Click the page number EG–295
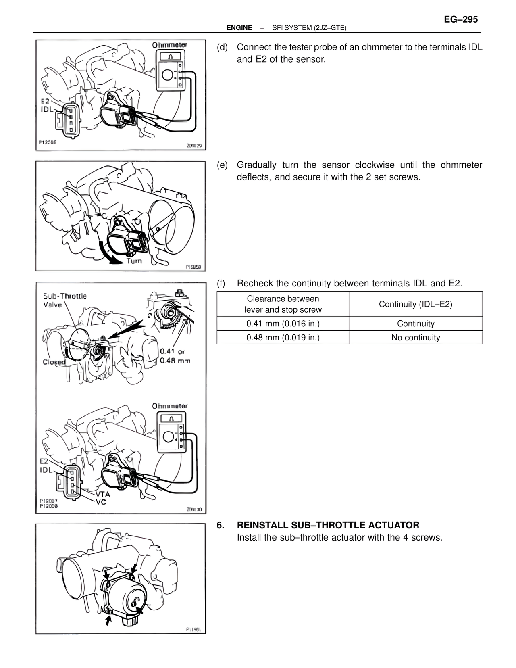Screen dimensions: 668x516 (x=461, y=19)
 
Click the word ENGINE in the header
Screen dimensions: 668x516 (x=239, y=28)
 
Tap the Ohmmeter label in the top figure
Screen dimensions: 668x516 (x=169, y=45)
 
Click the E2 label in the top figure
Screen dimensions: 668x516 (x=45, y=102)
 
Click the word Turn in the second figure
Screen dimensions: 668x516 (x=134, y=261)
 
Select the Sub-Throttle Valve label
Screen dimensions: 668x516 (x=64, y=300)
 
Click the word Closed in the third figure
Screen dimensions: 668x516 (x=54, y=362)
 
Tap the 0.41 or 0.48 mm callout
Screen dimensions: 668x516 (x=175, y=356)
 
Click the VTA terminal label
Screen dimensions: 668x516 (x=102, y=494)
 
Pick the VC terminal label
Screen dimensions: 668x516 (x=101, y=502)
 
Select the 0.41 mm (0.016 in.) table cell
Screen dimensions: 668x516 (x=283, y=324)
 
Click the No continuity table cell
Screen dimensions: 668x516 (x=416, y=338)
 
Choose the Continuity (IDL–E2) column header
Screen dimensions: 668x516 (x=416, y=304)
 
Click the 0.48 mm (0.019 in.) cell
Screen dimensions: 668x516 (x=283, y=338)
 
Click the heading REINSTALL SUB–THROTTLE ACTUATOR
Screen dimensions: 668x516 (x=328, y=525)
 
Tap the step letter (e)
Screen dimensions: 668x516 (x=222, y=165)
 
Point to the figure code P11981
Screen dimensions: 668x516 (x=193, y=629)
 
